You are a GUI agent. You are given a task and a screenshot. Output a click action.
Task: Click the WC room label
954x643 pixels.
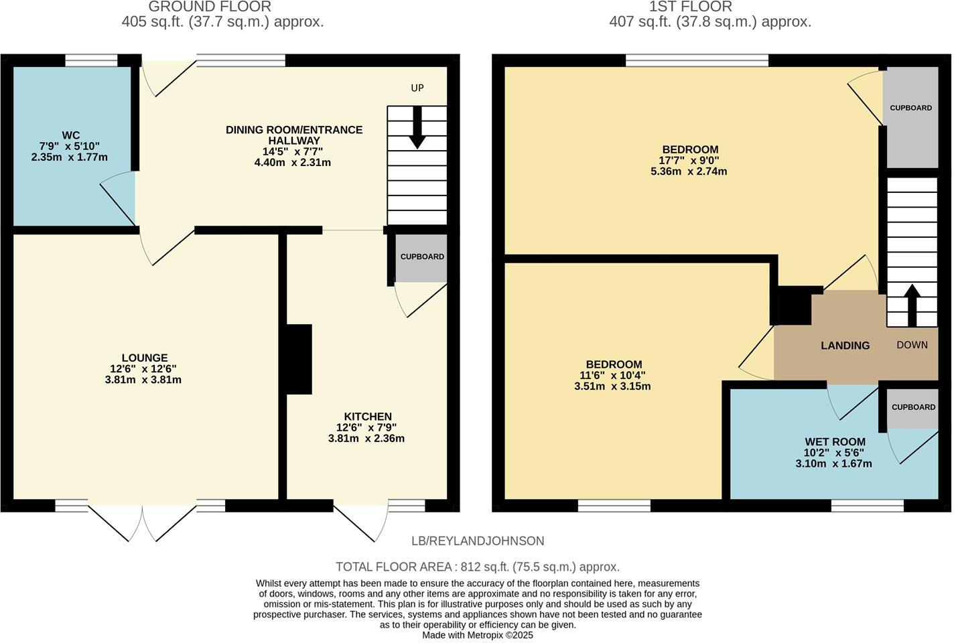[70, 135]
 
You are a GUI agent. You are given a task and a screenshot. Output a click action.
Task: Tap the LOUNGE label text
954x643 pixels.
[145, 358]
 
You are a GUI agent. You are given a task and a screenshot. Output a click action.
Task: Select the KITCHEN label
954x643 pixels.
[367, 417]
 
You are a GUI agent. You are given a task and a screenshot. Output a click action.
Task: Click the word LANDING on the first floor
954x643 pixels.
[845, 346]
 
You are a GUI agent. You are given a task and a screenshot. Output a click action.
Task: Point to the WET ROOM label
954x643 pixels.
[835, 442]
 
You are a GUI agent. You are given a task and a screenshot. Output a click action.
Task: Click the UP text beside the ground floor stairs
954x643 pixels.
[417, 88]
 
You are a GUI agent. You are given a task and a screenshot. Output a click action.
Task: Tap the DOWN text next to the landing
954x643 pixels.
[912, 345]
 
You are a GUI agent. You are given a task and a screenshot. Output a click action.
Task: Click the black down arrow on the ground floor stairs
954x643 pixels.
[417, 128]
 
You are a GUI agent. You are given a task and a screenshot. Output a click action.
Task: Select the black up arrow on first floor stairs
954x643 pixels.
[911, 305]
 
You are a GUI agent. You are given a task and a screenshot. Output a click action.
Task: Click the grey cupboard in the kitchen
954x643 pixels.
[421, 258]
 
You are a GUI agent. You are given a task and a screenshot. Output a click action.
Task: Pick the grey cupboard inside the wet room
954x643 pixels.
[912, 407]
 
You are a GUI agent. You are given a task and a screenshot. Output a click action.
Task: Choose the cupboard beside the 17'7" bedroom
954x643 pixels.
[910, 117]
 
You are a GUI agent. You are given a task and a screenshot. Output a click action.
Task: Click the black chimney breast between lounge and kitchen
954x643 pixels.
[299, 359]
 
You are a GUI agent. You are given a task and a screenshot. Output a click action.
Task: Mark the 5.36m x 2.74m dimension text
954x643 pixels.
[689, 171]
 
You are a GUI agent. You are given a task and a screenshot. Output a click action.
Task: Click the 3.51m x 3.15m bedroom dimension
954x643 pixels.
[612, 386]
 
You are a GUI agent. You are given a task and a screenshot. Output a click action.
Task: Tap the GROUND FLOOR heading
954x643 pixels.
[210, 7]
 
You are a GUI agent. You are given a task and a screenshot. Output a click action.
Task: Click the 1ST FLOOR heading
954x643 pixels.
[691, 7]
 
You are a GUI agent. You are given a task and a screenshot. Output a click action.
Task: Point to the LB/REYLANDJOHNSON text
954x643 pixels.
[478, 541]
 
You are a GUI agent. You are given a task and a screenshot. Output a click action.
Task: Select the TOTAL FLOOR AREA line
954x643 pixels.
[477, 567]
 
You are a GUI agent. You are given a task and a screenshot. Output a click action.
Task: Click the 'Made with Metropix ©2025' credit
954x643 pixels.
[477, 635]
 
